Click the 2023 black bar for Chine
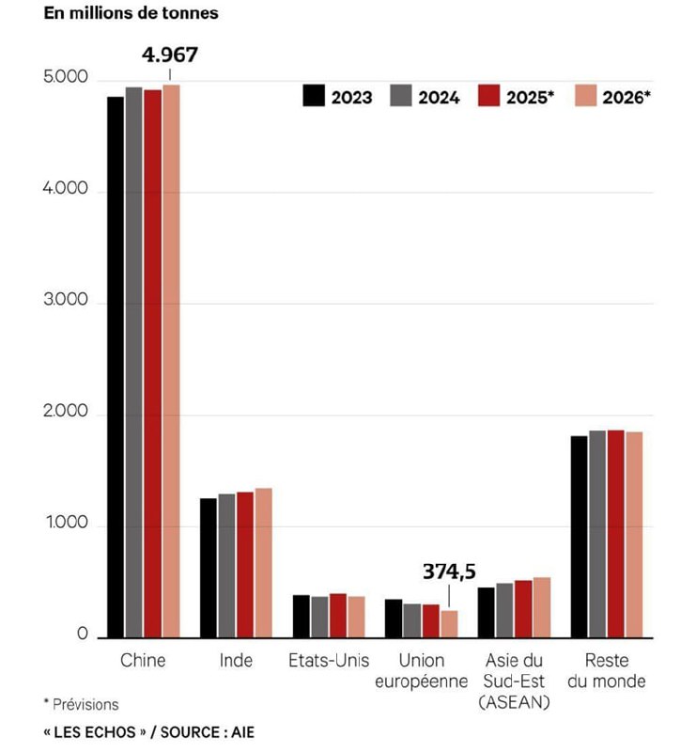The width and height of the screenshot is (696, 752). [115, 367]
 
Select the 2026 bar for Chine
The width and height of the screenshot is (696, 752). [171, 361]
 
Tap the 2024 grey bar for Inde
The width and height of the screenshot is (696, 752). [226, 565]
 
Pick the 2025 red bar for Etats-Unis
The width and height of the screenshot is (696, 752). [337, 615]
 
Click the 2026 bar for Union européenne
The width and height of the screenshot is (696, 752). [449, 623]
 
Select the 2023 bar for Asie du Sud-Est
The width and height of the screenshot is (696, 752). [486, 612]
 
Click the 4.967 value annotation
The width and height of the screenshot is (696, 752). [170, 55]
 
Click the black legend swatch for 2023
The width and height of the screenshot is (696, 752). [314, 96]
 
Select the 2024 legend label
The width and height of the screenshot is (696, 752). [439, 97]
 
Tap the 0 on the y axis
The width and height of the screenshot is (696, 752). [83, 635]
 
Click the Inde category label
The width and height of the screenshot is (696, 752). [236, 660]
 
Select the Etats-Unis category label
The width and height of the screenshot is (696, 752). [329, 660]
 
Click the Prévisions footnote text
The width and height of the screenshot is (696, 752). [85, 703]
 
